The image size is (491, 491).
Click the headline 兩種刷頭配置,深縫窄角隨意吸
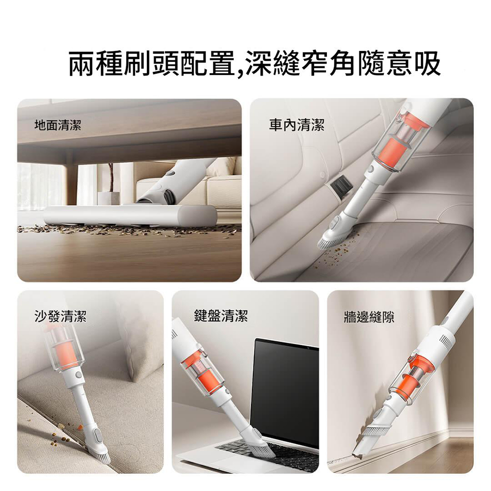tap(254, 64)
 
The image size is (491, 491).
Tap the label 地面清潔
tap(57, 125)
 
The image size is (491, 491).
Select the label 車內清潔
tap(296, 125)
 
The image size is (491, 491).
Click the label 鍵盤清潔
tap(221, 316)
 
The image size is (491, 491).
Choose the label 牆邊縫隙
tap(369, 318)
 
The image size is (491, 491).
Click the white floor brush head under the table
tap(130, 216)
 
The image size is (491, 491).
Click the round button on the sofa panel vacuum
tap(78, 374)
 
